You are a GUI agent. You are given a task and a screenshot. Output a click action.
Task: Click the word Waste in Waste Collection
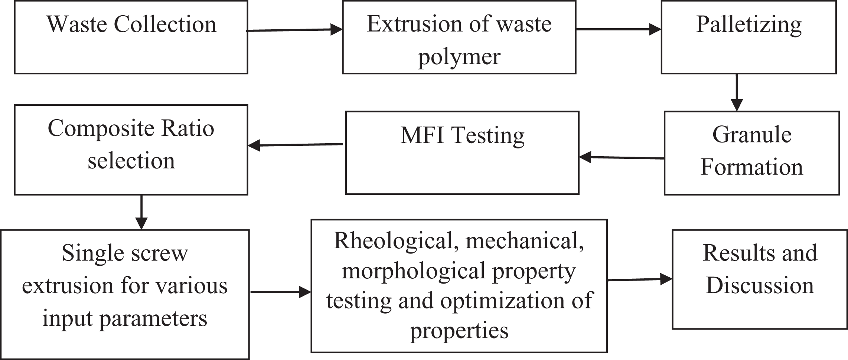[77, 24]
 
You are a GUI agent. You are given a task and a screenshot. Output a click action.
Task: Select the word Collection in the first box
[165, 24]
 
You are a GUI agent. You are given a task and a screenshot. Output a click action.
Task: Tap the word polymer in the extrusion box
[459, 58]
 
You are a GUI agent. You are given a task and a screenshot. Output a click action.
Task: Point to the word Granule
[752, 134]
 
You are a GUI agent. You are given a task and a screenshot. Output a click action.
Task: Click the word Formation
[752, 167]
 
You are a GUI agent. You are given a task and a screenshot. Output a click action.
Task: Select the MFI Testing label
[463, 136]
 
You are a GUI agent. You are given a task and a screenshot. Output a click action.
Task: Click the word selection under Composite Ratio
[131, 161]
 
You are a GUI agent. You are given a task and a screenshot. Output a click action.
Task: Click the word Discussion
[760, 285]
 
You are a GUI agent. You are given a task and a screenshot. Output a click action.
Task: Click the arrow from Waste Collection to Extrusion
[294, 30]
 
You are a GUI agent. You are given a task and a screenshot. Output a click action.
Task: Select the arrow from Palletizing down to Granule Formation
[737, 92]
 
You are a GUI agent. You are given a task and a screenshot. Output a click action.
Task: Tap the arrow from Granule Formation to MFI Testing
[622, 157]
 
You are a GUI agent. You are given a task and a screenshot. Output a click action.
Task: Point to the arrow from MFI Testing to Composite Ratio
[295, 145]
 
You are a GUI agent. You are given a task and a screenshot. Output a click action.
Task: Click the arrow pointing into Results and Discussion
[640, 279]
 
